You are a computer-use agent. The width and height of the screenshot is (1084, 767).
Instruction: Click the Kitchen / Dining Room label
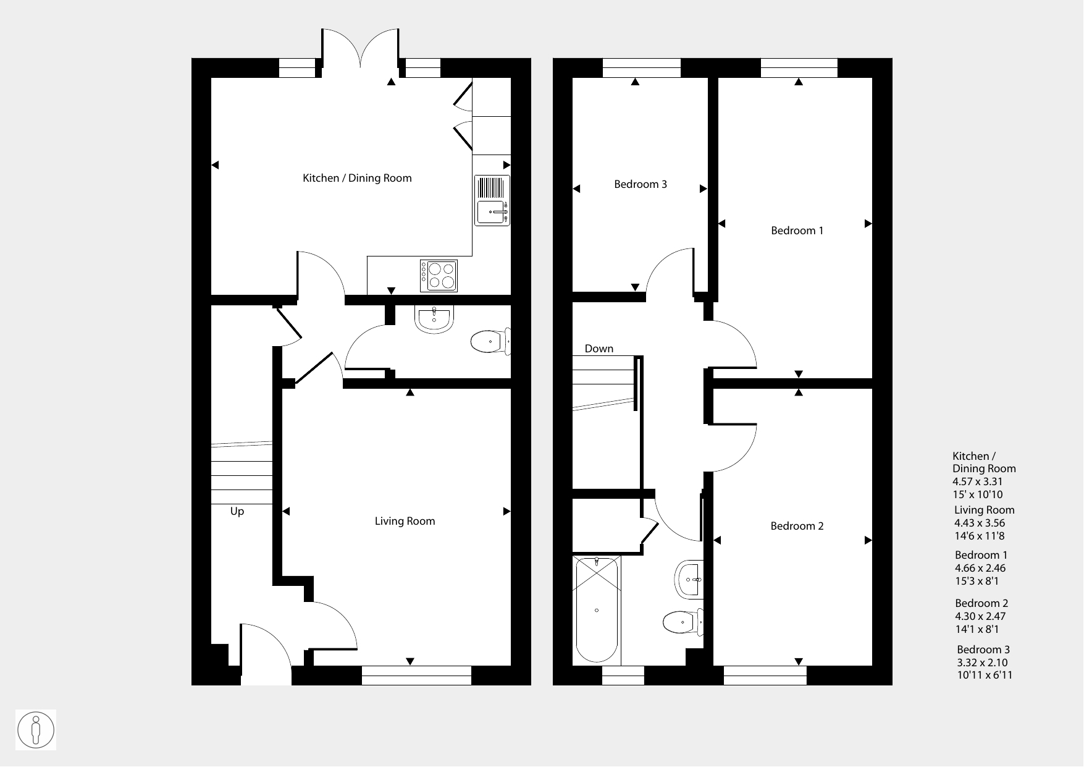click(357, 178)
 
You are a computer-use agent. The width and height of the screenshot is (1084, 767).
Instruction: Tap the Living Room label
click(405, 521)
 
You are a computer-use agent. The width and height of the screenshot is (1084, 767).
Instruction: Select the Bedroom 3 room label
click(641, 184)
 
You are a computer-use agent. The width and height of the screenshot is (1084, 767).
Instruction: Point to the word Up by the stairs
click(237, 512)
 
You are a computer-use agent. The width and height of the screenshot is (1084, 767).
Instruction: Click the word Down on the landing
click(599, 349)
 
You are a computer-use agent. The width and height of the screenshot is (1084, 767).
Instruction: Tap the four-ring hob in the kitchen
click(439, 276)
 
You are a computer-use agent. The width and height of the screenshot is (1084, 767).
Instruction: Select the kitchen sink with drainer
click(492, 200)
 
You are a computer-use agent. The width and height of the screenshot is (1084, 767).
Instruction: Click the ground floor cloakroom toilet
click(490, 341)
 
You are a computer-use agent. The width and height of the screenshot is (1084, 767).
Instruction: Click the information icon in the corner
click(36, 730)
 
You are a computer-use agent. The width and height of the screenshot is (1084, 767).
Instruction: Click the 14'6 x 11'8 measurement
click(979, 536)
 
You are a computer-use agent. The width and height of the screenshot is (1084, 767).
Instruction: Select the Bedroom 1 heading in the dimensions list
click(981, 555)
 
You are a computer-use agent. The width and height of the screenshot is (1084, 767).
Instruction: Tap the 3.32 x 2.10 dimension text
click(982, 663)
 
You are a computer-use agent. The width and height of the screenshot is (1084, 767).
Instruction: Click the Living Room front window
click(416, 676)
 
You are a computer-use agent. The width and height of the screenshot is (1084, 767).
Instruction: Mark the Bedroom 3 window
click(642, 68)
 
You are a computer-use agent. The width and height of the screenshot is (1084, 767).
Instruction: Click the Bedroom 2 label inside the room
click(797, 526)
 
